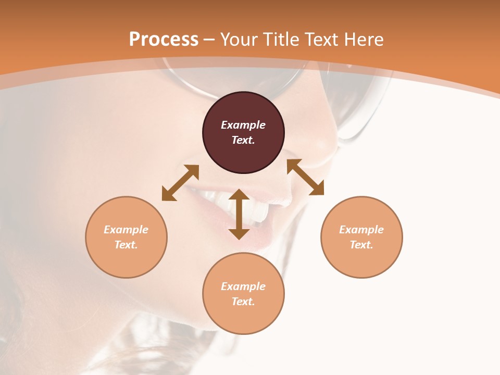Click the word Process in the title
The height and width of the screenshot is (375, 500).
click(164, 40)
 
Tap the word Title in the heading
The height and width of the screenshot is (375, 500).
click(283, 40)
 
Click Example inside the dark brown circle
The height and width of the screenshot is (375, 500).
click(243, 125)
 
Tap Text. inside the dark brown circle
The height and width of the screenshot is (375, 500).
click(243, 140)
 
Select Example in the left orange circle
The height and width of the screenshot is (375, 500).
click(126, 230)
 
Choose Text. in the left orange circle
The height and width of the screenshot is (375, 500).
click(126, 245)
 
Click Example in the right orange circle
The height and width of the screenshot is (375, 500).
click(361, 230)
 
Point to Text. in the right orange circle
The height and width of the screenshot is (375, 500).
click(361, 245)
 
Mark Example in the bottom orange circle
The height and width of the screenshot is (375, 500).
click(243, 286)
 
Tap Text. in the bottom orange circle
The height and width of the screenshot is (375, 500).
click(243, 302)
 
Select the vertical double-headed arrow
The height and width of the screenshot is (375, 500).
click(239, 214)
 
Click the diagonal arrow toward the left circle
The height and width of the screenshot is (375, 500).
click(180, 183)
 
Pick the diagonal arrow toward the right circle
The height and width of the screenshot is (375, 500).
click(305, 177)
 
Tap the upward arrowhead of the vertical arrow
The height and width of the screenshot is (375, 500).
click(239, 194)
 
